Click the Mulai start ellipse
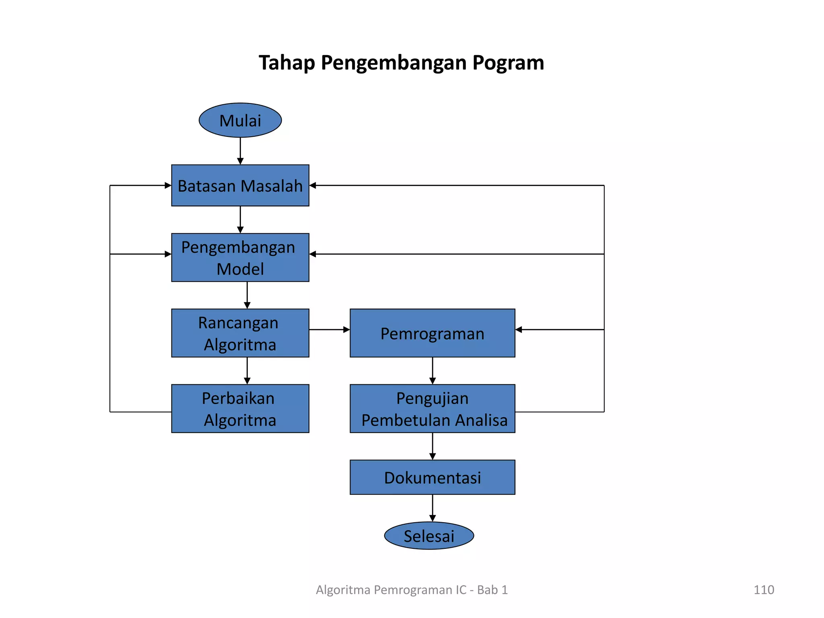(x=240, y=120)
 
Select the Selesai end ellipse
(x=429, y=536)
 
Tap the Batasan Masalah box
(x=240, y=185)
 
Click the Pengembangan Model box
(x=240, y=257)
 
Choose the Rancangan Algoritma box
(x=240, y=333)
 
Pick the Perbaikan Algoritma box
(x=240, y=409)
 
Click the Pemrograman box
(x=433, y=333)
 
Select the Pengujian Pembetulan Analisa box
(x=433, y=409)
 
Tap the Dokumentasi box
(x=433, y=478)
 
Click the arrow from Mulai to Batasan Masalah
(x=240, y=151)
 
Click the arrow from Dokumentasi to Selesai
(x=433, y=508)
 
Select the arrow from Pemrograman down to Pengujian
(x=433, y=371)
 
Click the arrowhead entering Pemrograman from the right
(x=519, y=330)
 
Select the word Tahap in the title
(x=286, y=63)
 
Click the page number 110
(x=764, y=590)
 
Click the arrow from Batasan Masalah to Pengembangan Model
(x=240, y=220)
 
